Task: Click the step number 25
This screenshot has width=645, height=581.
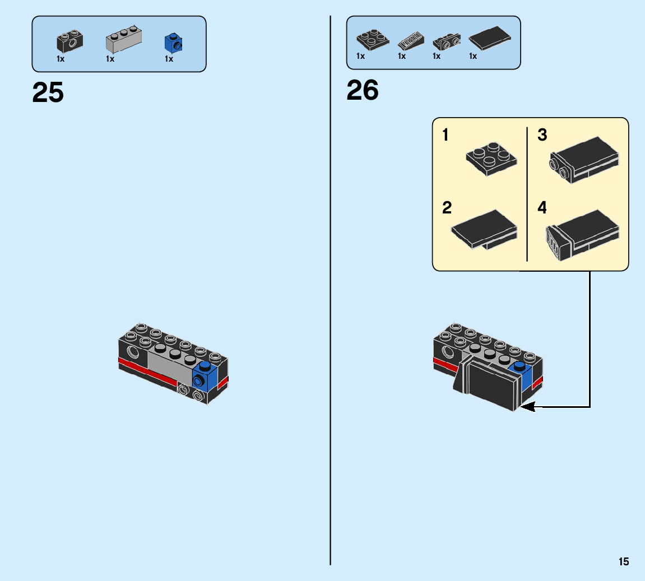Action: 48,93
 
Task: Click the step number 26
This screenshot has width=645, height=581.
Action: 363,90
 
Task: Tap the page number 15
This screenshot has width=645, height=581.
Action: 624,562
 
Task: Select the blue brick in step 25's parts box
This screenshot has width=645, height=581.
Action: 173,43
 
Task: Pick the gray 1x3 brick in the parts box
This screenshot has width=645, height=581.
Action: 123,40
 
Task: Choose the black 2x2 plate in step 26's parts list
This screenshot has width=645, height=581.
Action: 372,39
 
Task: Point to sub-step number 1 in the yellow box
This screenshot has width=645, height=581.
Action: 446,135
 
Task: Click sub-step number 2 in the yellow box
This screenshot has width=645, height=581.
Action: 447,208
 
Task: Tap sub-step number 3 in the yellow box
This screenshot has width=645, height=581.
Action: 542,135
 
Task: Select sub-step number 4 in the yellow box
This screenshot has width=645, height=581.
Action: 542,208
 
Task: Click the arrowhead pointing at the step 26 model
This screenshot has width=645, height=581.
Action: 527,407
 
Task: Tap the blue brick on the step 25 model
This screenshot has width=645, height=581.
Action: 205,376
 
